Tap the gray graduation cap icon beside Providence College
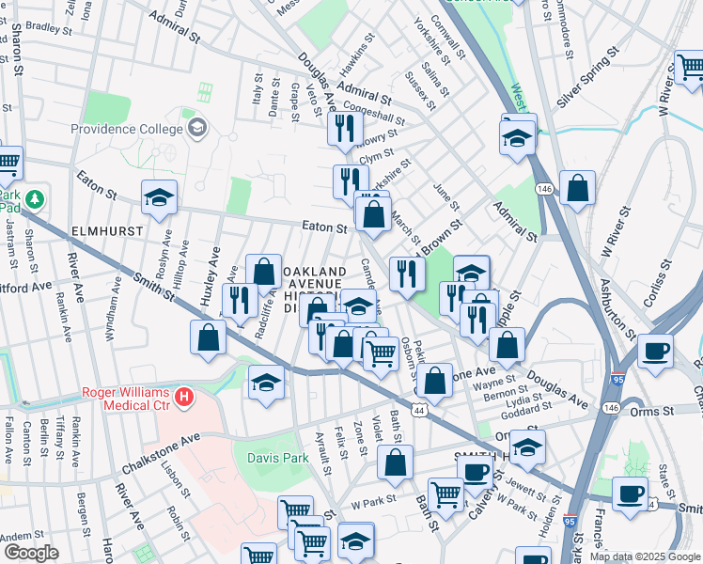197,127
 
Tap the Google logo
31,553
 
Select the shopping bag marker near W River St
577,188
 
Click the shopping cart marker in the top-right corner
690,69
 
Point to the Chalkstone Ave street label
161,455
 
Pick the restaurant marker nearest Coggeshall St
345,127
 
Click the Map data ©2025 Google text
645,556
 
